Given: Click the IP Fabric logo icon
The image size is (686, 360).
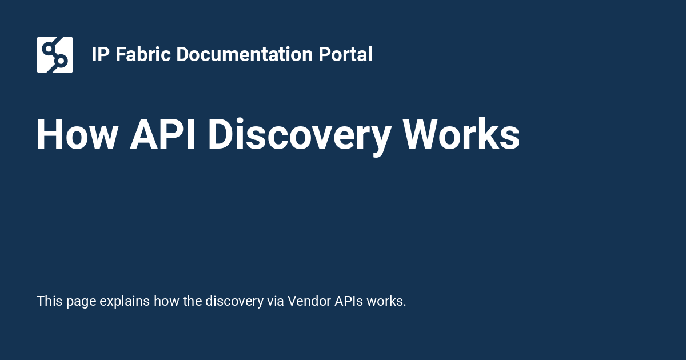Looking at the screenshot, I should point(55,55).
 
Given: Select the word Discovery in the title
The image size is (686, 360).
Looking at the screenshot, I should point(299,135).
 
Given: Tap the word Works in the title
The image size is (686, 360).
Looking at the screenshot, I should point(461,135).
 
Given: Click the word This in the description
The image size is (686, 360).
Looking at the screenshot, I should point(50,301).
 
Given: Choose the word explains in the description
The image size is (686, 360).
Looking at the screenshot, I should point(125,301).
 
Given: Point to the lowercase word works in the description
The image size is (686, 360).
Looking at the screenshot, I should point(386,301).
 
